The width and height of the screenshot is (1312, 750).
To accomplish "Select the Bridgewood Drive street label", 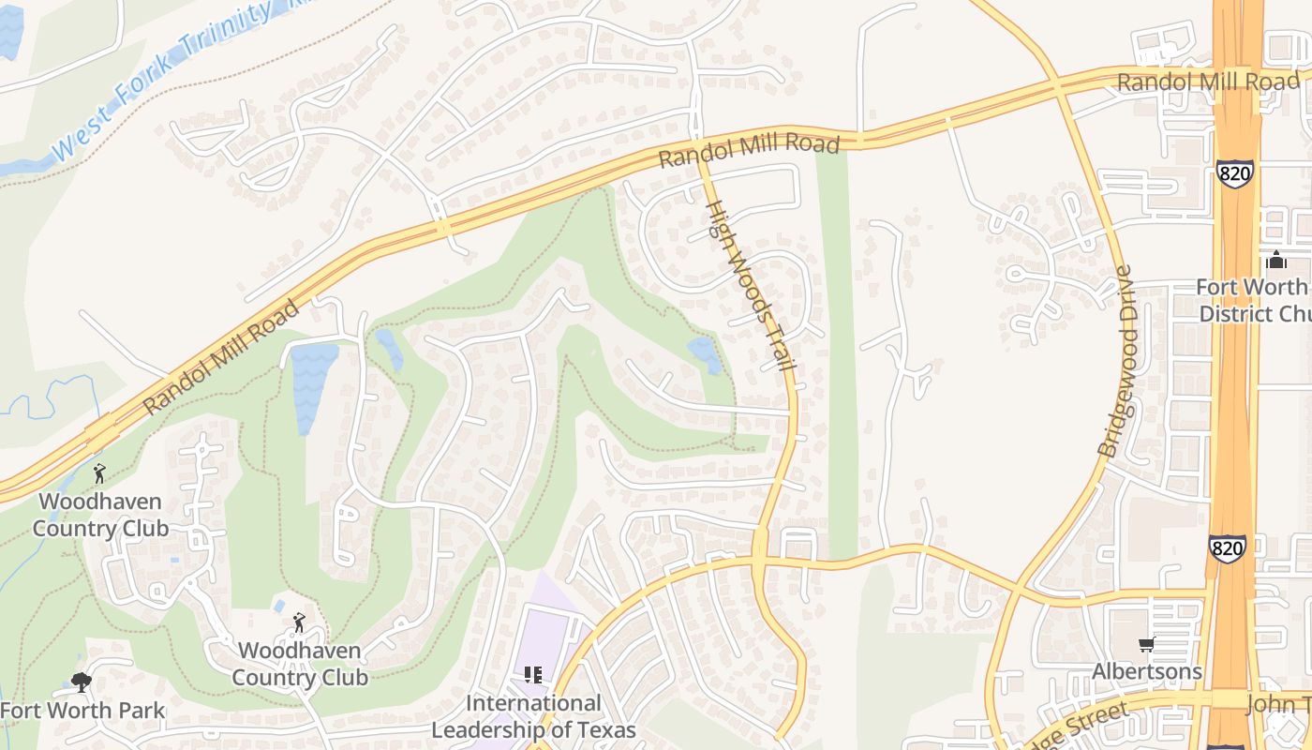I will click(x=1121, y=362).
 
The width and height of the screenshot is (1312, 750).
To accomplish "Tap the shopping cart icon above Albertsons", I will click(x=1146, y=644).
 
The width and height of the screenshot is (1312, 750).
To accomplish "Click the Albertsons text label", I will click(x=1147, y=671).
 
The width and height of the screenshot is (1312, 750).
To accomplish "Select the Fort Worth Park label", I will click(x=82, y=711).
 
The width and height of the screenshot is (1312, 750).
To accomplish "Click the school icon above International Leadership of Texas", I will click(x=533, y=675).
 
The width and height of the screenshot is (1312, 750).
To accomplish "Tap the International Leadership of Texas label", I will click(x=533, y=716).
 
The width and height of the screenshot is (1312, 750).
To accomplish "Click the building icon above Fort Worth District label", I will click(x=1276, y=260).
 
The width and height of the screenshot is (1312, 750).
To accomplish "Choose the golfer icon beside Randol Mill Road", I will click(x=99, y=473).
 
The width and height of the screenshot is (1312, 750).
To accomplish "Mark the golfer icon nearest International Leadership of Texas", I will click(x=299, y=622).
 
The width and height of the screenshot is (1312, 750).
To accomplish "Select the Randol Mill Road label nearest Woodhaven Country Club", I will click(x=222, y=357).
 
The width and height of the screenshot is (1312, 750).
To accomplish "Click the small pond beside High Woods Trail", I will click(x=705, y=355).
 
